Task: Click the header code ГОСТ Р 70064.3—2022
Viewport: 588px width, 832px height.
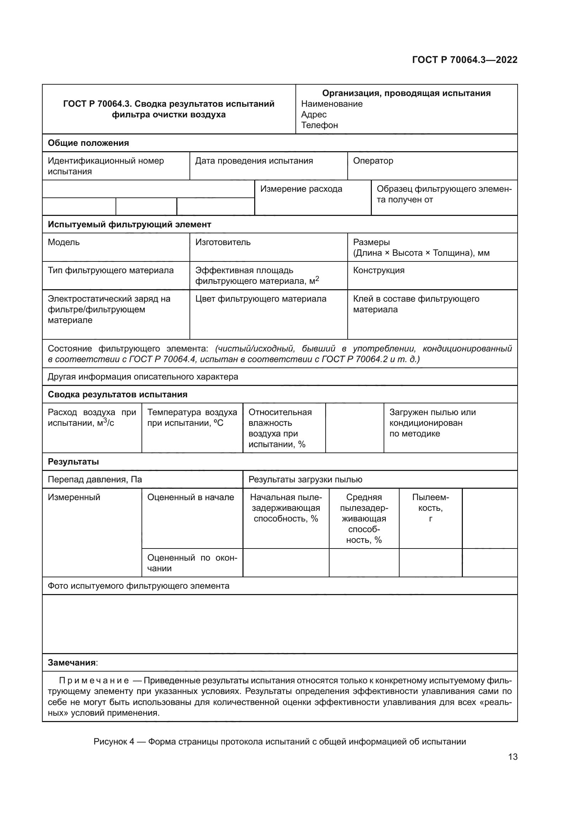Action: tap(465, 60)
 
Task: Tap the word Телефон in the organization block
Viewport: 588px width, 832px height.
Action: tap(319, 125)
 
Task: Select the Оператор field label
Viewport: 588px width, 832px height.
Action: tap(373, 161)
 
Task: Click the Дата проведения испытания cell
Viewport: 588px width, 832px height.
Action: tap(254, 161)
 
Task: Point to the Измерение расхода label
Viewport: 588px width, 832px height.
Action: tap(301, 189)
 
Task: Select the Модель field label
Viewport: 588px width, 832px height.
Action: tap(63, 243)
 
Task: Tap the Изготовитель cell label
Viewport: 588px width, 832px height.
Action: tap(223, 243)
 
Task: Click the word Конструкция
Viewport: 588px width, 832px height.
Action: tap(378, 271)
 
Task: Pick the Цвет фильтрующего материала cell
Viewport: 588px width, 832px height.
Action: tap(261, 299)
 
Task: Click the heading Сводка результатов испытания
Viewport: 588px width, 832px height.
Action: tap(117, 394)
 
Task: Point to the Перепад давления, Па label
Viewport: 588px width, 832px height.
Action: tap(95, 480)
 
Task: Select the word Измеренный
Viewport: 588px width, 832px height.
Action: tap(74, 498)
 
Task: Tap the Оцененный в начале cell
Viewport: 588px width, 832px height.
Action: tap(191, 498)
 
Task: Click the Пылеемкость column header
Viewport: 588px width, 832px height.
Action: tap(430, 508)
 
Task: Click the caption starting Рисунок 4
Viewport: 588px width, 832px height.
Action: tap(279, 742)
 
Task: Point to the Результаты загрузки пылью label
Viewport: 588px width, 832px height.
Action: tap(305, 480)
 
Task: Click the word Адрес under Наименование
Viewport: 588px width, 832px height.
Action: tap(314, 115)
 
